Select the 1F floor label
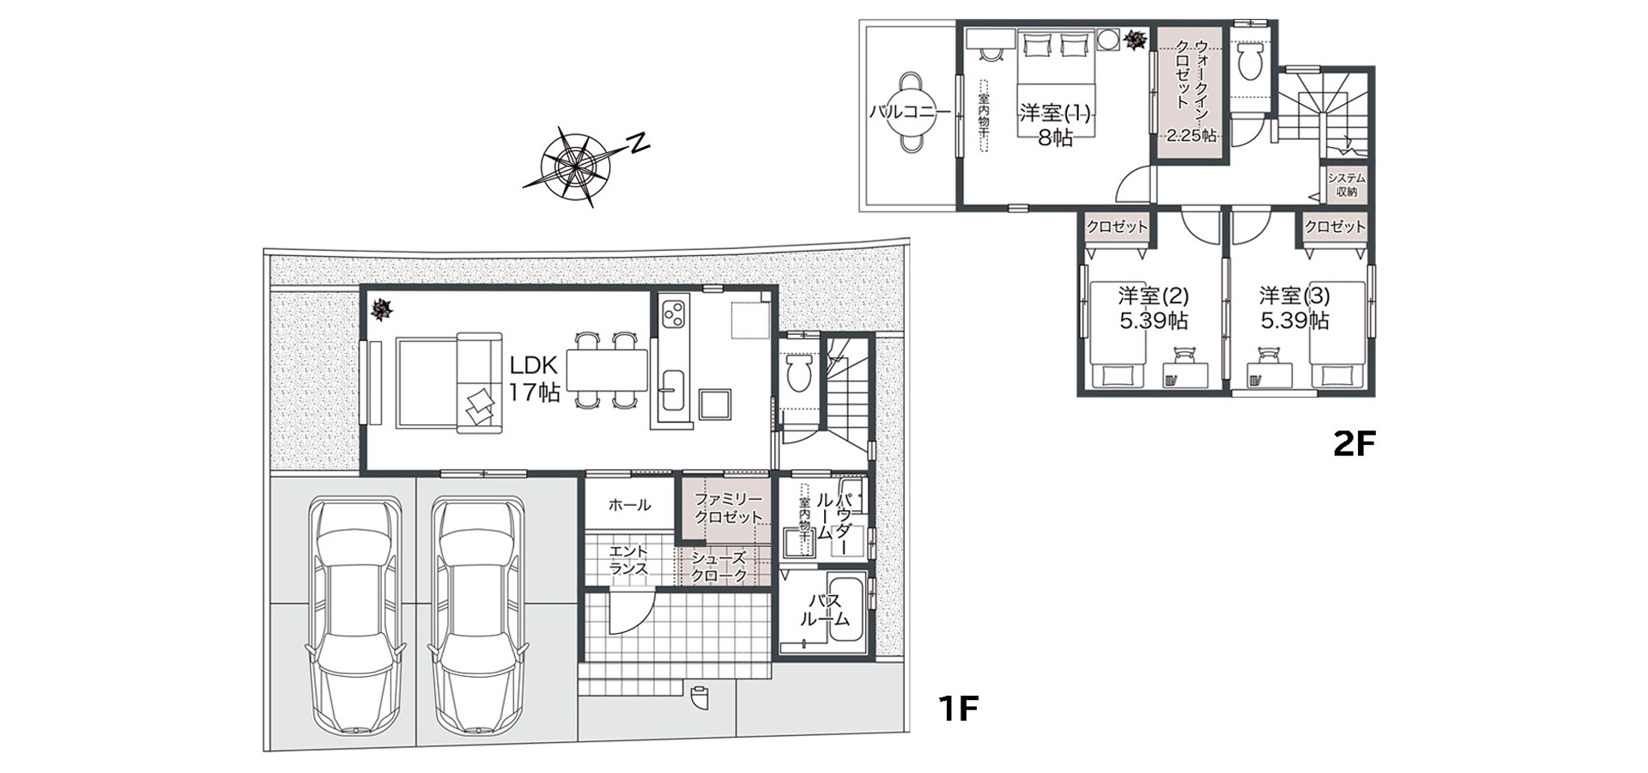tap(958, 709)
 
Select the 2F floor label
tap(1354, 443)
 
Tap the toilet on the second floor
tap(1251, 58)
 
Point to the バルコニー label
tap(909, 112)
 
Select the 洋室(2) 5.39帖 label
tap(1153, 308)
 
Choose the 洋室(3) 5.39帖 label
tap(1294, 308)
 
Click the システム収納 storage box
tap(1345, 185)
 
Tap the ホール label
tap(629, 505)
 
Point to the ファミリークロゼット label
tap(728, 508)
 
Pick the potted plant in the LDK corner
tap(379, 309)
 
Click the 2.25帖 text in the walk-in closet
tap(1191, 135)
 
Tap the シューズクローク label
tap(719, 567)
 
